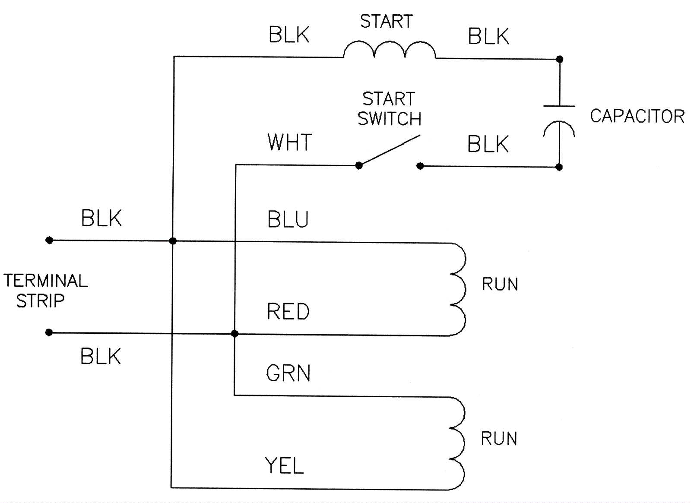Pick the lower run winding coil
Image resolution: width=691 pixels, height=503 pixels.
point(458,443)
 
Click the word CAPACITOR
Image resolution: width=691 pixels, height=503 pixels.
point(637,116)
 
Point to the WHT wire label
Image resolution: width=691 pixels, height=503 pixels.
point(290,142)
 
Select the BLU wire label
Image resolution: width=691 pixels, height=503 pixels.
point(288,219)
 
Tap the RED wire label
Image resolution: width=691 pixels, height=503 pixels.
point(288,312)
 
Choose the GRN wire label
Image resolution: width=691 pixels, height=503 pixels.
point(288,373)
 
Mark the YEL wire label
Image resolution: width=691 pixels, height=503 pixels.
point(285,466)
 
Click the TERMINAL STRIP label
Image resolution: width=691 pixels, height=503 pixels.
point(45,291)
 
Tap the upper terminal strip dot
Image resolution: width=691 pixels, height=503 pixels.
point(49,240)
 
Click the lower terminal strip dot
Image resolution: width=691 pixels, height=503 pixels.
point(49,332)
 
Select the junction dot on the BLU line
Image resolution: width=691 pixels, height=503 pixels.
point(173,241)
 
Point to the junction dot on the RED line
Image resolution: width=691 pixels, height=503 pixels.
point(235,334)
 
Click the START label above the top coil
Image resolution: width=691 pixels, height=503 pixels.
point(387,22)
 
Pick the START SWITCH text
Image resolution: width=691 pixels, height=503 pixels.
point(389,109)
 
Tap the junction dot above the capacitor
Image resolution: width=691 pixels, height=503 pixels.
point(559,59)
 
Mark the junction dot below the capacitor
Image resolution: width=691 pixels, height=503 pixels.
point(559,167)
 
